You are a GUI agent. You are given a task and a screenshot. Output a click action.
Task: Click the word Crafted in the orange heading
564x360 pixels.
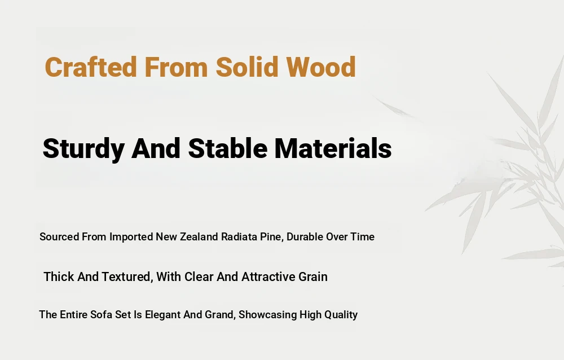pos(91,67)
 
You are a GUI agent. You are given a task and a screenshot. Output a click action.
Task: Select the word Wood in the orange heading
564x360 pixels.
pos(321,67)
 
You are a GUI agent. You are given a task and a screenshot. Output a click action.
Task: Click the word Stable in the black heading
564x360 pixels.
pos(228,148)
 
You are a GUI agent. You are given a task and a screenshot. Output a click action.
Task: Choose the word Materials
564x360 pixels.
pos(333,148)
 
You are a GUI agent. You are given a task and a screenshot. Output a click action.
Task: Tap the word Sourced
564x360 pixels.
pos(59,237)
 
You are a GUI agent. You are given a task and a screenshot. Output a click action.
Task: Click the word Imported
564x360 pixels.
pos(131,237)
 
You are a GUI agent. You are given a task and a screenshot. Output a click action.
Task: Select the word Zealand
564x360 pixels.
pos(199,237)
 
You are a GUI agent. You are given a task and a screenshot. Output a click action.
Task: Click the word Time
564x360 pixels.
pos(363,237)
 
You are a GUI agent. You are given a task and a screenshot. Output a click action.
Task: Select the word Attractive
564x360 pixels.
pos(268,277)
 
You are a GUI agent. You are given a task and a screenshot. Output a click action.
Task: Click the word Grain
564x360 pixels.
pos(313,277)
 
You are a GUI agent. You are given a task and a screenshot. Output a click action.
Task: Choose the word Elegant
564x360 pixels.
pos(163,315)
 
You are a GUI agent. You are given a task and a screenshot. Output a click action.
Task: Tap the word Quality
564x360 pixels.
pos(341,315)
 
